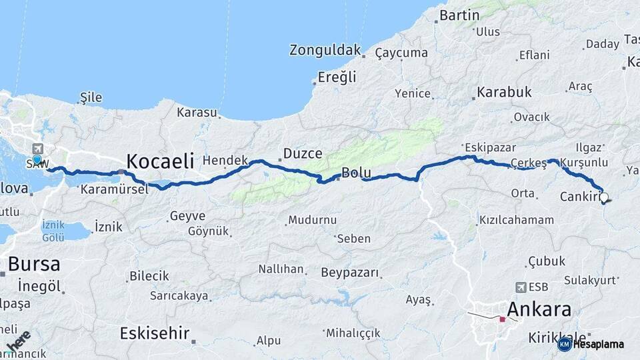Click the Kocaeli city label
tap(160, 161)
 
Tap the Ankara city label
tap(539, 309)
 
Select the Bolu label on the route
tap(356, 173)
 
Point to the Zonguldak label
tap(325, 50)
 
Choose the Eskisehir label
tap(155, 333)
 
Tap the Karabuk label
tap(504, 92)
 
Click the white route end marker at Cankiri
tap(604, 197)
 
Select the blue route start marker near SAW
tap(37, 160)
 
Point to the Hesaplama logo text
tap(598, 345)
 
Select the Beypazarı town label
tap(349, 272)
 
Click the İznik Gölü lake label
tap(53, 231)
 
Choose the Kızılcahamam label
tap(516, 219)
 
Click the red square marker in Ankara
tap(503, 319)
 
